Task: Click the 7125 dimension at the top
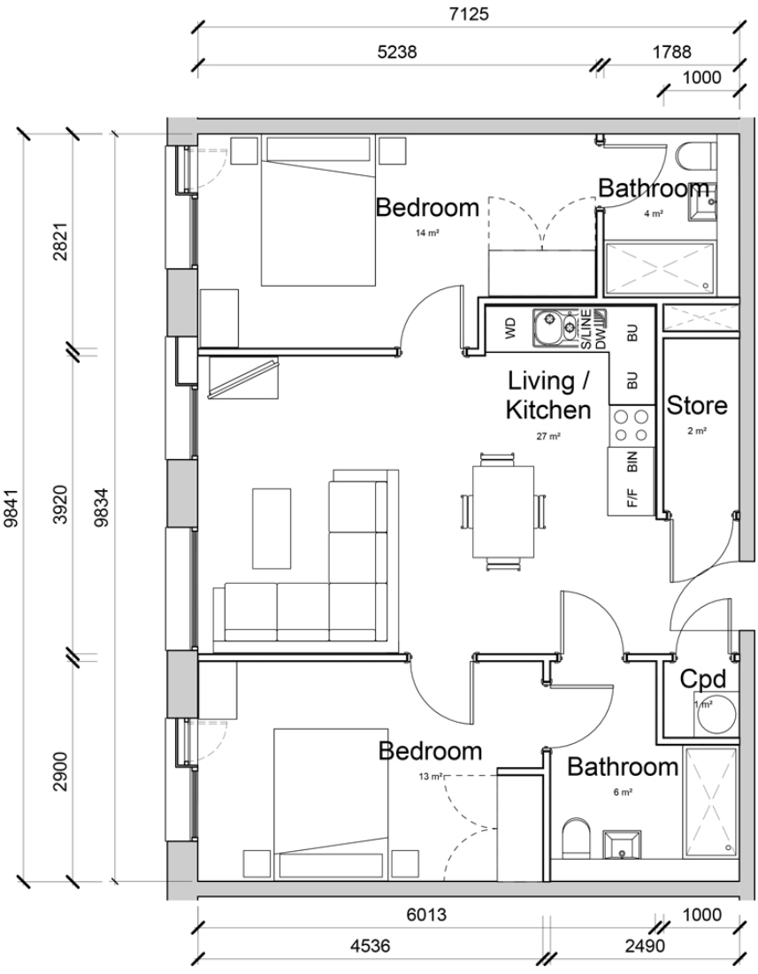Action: pyautogui.click(x=469, y=15)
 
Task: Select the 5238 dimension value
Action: pyautogui.click(x=396, y=52)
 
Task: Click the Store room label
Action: pyautogui.click(x=697, y=406)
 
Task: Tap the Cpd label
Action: pyautogui.click(x=703, y=679)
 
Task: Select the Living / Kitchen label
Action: pyautogui.click(x=549, y=395)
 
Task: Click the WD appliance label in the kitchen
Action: pyautogui.click(x=510, y=330)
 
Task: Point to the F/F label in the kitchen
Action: pyautogui.click(x=632, y=499)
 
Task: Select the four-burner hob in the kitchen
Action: pyautogui.click(x=630, y=425)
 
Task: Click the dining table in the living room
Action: pyautogui.click(x=502, y=510)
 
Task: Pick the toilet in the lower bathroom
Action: pyautogui.click(x=575, y=836)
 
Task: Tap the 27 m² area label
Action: pyautogui.click(x=549, y=436)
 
